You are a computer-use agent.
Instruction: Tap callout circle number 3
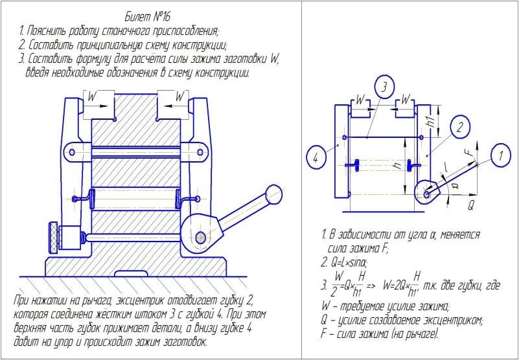pos(383,87)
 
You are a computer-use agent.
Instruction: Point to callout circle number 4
pos(315,157)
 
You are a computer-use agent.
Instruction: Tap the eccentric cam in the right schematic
pos(429,190)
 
